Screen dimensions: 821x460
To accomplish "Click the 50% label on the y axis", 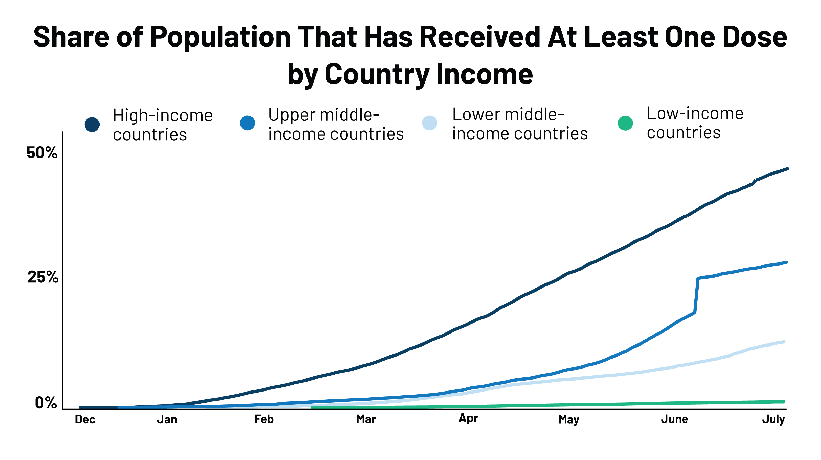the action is [x=42, y=153].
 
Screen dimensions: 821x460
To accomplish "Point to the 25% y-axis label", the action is [x=43, y=277].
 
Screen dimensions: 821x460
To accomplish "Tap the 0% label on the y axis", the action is [x=46, y=403].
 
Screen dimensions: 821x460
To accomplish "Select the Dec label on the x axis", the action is [x=85, y=420].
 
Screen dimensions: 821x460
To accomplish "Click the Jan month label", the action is [x=167, y=420].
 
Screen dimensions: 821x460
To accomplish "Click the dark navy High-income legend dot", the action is [x=92, y=124].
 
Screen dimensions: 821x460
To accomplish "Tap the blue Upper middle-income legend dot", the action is [x=248, y=123].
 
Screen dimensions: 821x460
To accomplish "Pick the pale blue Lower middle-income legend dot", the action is [x=430, y=123].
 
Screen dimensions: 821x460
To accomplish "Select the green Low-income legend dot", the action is [x=625, y=123].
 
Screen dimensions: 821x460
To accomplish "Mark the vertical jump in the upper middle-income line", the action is [x=696, y=295].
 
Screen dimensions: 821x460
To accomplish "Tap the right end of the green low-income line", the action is [x=783, y=402].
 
